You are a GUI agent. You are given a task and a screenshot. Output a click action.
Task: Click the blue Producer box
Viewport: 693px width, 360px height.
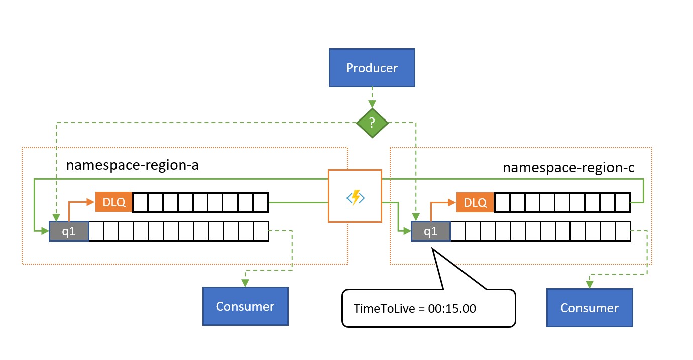372,68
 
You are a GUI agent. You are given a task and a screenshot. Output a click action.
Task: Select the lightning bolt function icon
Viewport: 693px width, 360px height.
355,196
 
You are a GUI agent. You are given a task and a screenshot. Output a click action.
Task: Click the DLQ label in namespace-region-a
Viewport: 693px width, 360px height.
113,202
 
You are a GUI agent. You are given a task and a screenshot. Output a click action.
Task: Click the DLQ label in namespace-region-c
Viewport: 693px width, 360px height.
475,202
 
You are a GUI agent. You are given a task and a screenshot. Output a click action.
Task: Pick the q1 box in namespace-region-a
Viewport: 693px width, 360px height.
69,231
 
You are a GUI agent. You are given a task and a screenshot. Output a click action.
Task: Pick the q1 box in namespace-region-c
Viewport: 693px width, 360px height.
431,231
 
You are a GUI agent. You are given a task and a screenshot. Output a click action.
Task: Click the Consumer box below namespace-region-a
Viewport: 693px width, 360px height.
245,306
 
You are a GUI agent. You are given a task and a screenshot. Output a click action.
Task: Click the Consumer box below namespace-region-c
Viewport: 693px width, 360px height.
590,308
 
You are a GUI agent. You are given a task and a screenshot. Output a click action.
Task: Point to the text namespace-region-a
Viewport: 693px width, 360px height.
133,165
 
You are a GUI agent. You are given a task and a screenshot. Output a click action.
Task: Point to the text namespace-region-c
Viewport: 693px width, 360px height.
568,167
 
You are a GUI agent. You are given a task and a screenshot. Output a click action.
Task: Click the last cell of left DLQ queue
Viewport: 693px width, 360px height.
261,202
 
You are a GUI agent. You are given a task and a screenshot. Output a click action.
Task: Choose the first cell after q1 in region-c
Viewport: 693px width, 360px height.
458,231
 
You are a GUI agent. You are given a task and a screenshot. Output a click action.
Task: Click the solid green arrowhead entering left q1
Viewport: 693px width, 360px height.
45,231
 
